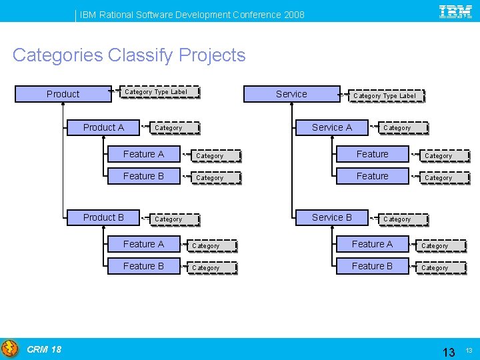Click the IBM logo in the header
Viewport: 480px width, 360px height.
click(x=456, y=11)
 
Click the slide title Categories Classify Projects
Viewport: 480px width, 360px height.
click(x=129, y=55)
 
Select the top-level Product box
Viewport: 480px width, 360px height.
click(x=63, y=94)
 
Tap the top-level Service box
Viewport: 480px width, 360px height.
click(x=291, y=94)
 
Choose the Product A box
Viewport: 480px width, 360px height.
click(x=103, y=127)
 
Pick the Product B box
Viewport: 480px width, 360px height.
click(x=103, y=217)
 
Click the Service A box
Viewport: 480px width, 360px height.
click(x=332, y=127)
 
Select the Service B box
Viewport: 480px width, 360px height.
click(x=332, y=217)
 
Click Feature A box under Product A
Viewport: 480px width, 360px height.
click(x=143, y=154)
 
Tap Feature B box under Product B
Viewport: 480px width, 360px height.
click(x=143, y=266)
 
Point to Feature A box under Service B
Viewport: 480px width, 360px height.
click(x=372, y=244)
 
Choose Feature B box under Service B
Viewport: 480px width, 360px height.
click(x=372, y=266)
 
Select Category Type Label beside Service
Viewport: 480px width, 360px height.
click(x=384, y=96)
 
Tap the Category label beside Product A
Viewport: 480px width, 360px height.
click(x=168, y=128)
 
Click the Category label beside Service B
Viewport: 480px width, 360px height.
click(x=397, y=219)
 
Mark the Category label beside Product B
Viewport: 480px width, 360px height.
click(x=168, y=219)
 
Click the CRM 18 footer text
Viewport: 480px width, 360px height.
click(x=44, y=349)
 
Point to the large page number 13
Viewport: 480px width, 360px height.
click(x=449, y=352)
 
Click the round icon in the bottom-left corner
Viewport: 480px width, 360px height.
click(x=10, y=349)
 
